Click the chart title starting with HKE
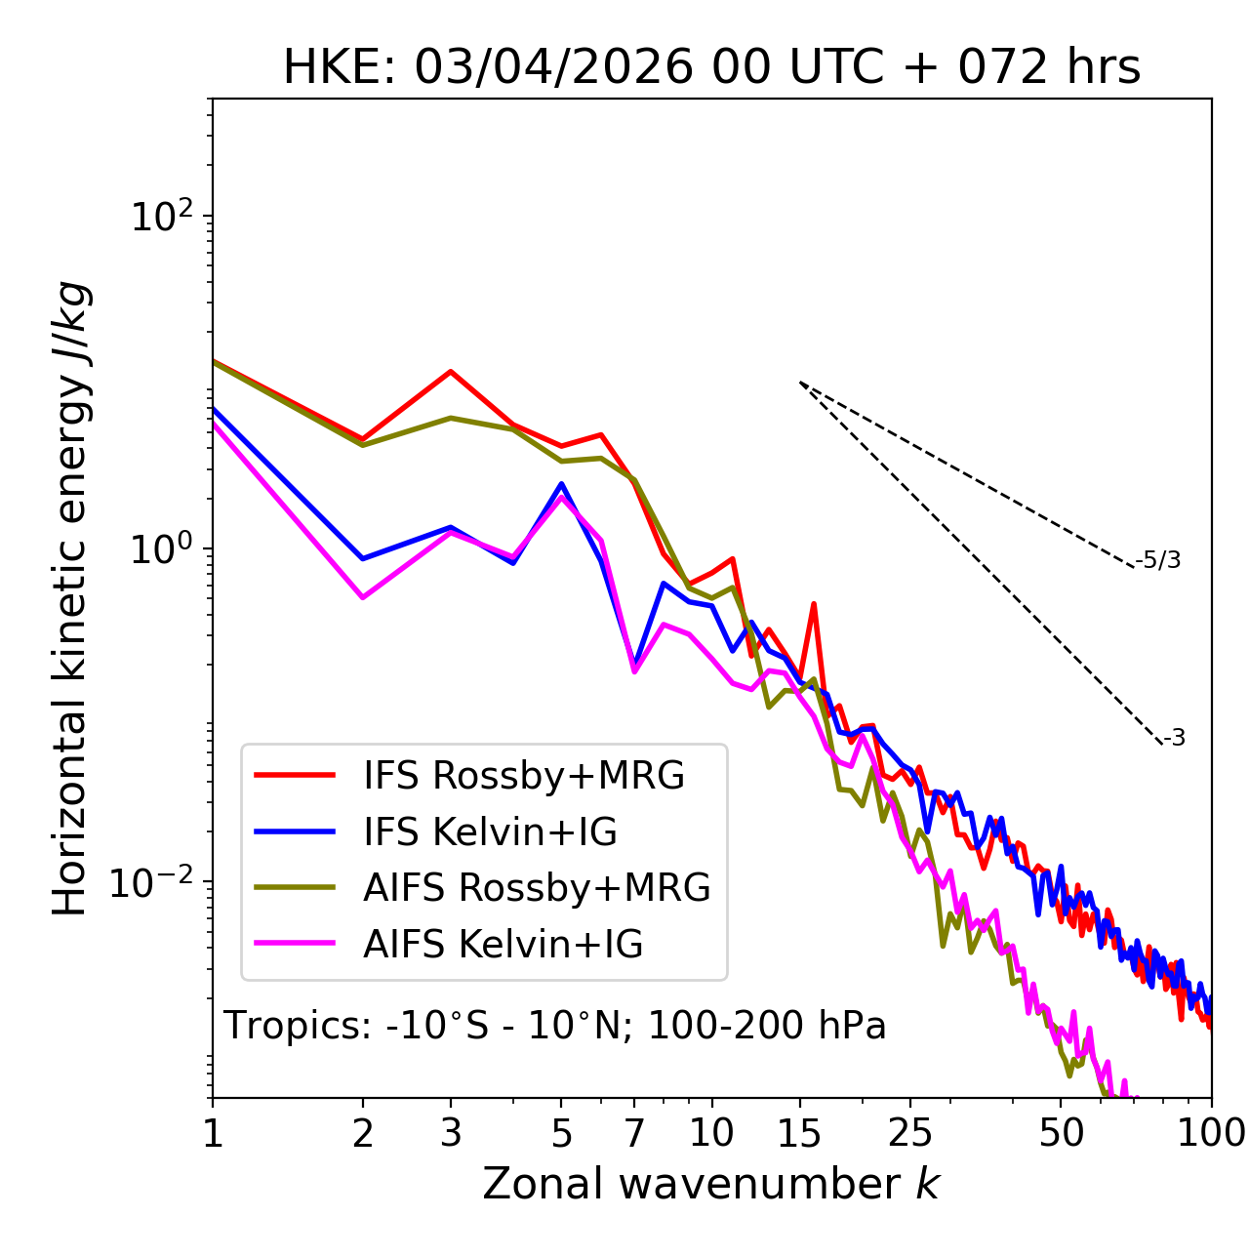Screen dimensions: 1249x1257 pyautogui.click(x=711, y=67)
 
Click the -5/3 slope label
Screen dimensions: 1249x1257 pyautogui.click(x=1157, y=560)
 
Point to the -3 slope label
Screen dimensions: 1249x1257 pyautogui.click(x=1174, y=738)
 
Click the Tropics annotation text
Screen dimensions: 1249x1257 pyautogui.click(x=554, y=1025)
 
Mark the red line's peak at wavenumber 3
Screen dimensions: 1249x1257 pyautogui.click(x=450, y=371)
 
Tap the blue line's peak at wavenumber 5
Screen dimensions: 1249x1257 pyautogui.click(x=561, y=484)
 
